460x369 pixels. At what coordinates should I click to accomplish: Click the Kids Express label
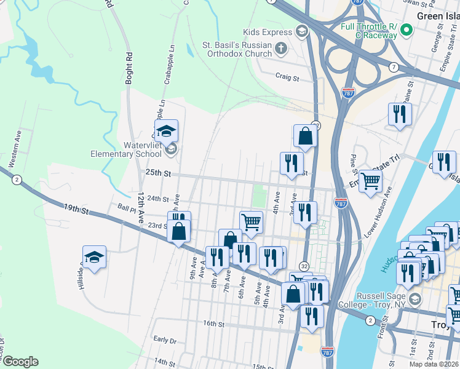(x=268, y=32)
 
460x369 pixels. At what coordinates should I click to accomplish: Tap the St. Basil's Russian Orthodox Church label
(x=237, y=49)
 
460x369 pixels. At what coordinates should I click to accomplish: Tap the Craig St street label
(x=287, y=78)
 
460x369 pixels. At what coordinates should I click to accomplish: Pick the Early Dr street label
(x=165, y=339)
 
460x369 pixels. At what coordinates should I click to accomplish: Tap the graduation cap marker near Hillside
(x=94, y=256)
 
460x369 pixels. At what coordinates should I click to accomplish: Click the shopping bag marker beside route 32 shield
(x=306, y=135)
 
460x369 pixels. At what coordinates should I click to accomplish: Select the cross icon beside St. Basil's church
(x=281, y=48)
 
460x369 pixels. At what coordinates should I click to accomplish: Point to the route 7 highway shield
(x=393, y=66)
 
